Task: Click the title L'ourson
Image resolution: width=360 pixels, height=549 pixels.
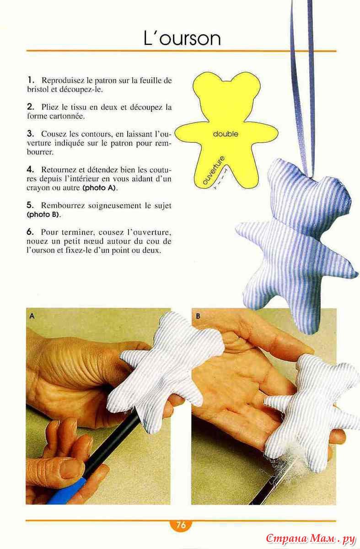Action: click(x=182, y=38)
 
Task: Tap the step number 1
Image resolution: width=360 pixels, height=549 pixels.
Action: click(x=30, y=80)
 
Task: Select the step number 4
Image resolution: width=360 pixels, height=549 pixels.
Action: click(x=30, y=169)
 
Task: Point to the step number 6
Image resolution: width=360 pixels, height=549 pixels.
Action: click(x=30, y=231)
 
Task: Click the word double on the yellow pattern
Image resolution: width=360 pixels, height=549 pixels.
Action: click(x=226, y=134)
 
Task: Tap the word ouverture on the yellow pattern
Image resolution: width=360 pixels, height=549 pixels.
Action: click(x=214, y=170)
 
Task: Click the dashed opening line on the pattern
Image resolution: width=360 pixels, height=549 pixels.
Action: click(x=221, y=178)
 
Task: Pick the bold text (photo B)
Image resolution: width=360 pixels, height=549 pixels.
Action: click(x=43, y=215)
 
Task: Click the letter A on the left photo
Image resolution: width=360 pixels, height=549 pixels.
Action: click(x=32, y=316)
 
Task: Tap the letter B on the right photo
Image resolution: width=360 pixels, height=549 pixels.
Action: click(x=198, y=316)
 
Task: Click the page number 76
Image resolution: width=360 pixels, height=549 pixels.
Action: click(x=181, y=525)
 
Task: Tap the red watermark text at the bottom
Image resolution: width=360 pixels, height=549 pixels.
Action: click(x=311, y=538)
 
